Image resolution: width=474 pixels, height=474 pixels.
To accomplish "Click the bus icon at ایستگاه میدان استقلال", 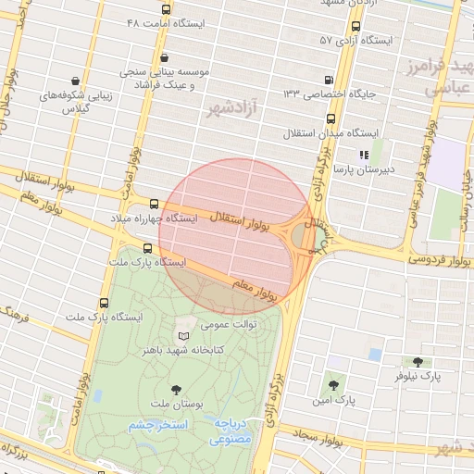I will [x=331, y=118].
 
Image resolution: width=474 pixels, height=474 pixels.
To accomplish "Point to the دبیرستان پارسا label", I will [x=364, y=169].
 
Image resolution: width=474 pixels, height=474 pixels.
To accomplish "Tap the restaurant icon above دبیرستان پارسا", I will [x=364, y=155].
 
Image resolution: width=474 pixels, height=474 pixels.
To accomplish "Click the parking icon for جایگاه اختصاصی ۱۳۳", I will [x=330, y=80].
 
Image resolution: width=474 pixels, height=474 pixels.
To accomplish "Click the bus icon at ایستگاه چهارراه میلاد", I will [x=154, y=204].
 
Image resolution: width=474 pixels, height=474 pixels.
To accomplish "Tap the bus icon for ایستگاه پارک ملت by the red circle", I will [x=148, y=247].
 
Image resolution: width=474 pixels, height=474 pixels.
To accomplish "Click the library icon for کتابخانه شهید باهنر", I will [x=183, y=335].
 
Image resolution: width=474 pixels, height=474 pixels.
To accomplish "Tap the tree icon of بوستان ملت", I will [x=176, y=390].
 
